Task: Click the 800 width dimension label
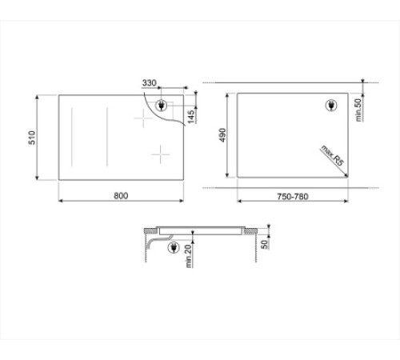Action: [x=120, y=195]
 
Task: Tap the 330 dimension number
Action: [x=149, y=82]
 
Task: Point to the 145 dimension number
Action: [x=190, y=117]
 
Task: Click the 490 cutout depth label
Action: [x=225, y=138]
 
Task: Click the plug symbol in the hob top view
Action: [x=163, y=105]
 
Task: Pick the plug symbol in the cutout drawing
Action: [x=333, y=105]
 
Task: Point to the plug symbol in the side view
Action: [x=173, y=248]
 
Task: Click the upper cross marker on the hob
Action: [x=142, y=118]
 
